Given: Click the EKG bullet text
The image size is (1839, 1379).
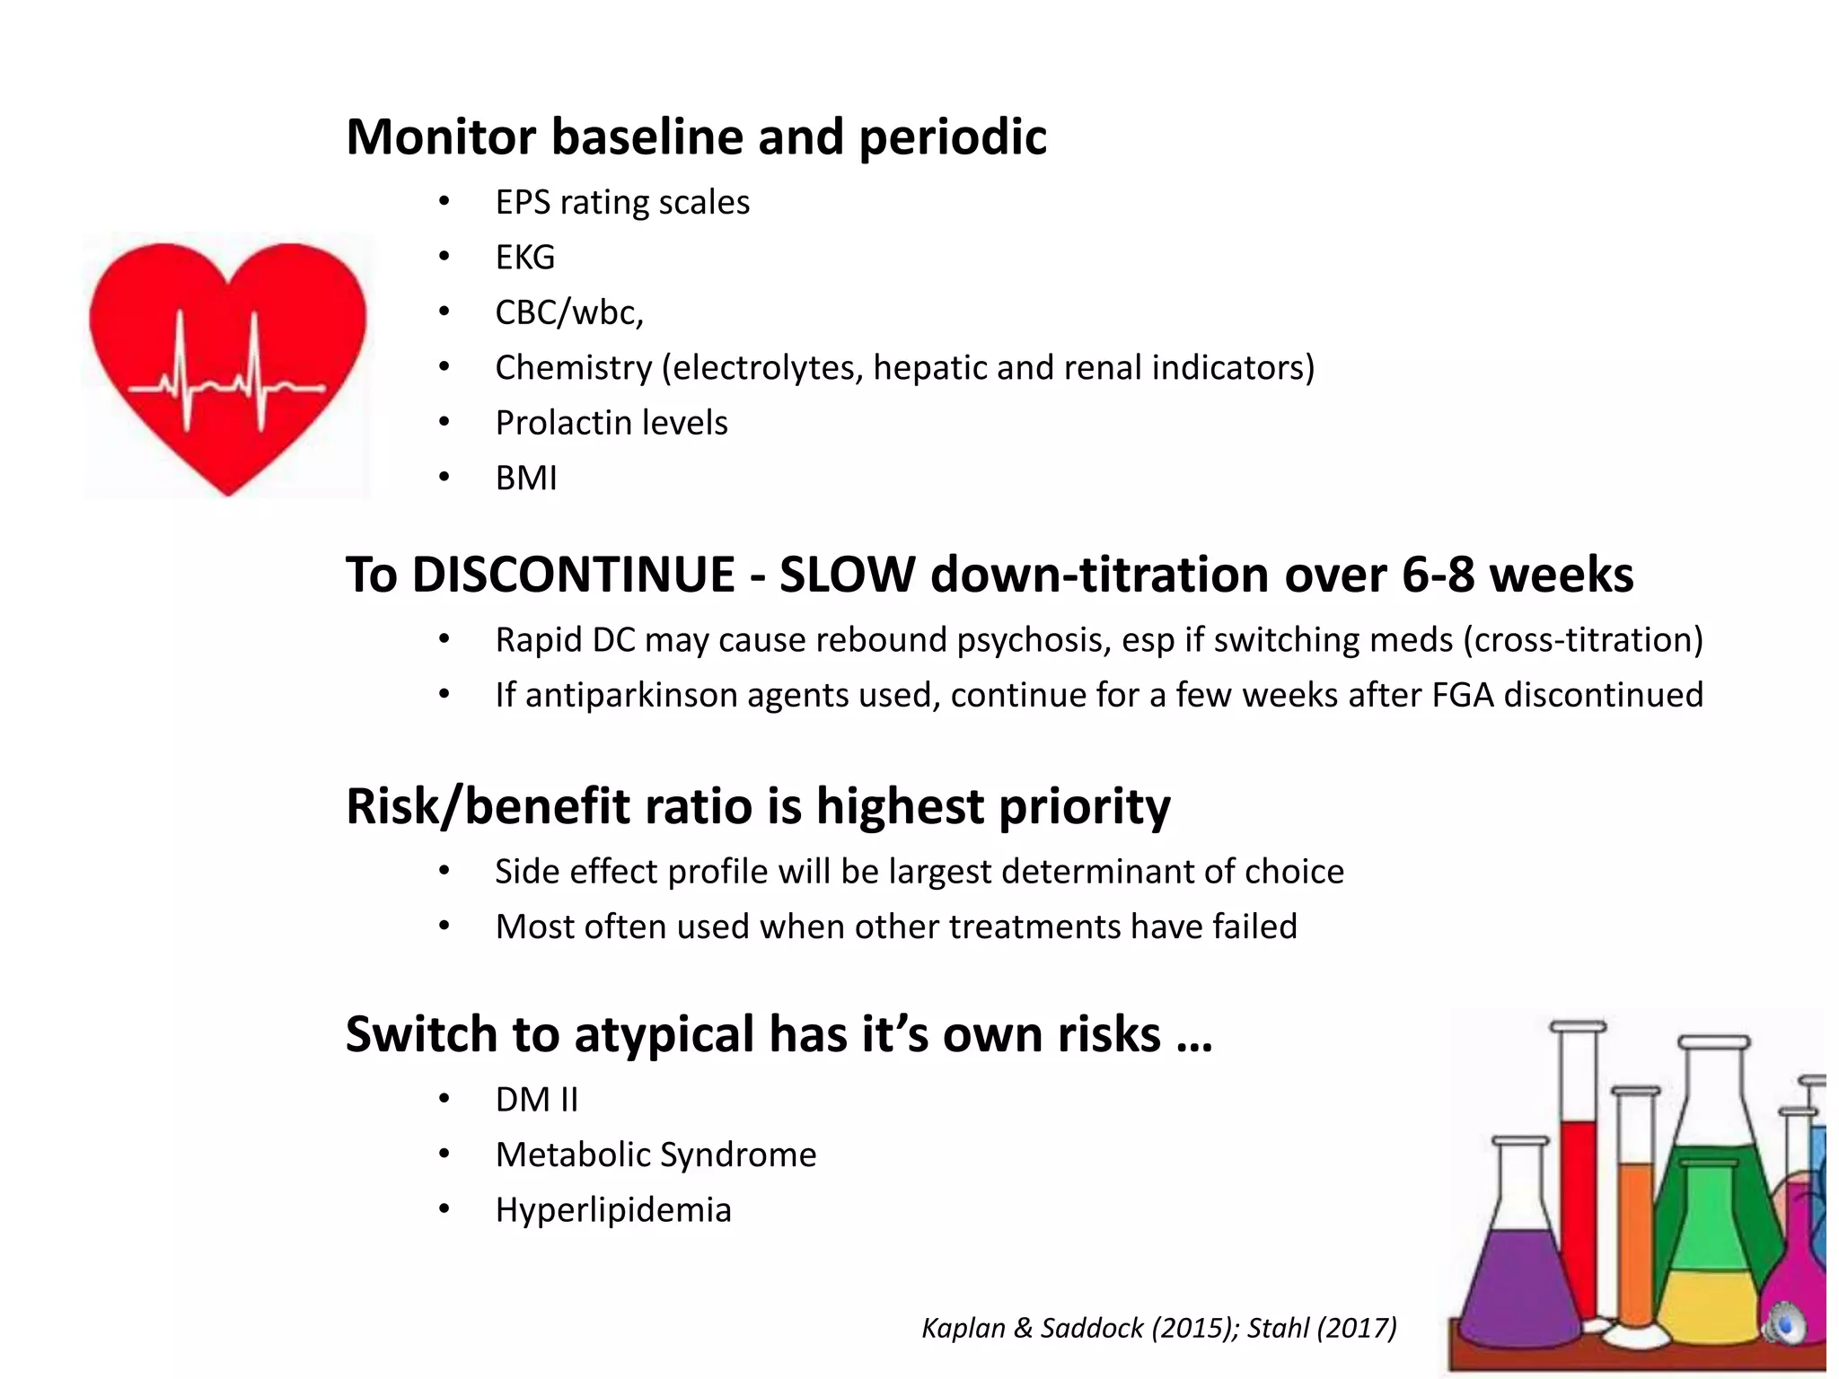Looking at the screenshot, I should click(525, 258).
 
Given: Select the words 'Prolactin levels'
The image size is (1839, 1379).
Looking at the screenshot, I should click(611, 423).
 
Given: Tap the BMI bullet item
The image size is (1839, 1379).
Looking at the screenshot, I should click(526, 479).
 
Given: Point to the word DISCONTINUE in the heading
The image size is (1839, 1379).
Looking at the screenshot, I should click(573, 575).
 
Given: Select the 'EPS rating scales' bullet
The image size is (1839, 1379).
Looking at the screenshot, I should click(622, 203).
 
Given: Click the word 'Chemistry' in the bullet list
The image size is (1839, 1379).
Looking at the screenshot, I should click(574, 368).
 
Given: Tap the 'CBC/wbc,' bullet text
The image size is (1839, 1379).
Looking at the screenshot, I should click(569, 312).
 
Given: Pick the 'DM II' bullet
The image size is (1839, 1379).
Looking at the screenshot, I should click(537, 1100).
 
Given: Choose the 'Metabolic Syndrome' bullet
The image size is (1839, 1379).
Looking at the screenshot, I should click(656, 1155).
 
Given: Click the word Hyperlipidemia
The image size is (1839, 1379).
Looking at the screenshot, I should click(613, 1210).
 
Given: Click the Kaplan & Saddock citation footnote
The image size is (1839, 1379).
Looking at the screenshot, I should click(1158, 1328).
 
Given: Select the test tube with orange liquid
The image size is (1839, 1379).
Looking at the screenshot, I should click(1636, 1239).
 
